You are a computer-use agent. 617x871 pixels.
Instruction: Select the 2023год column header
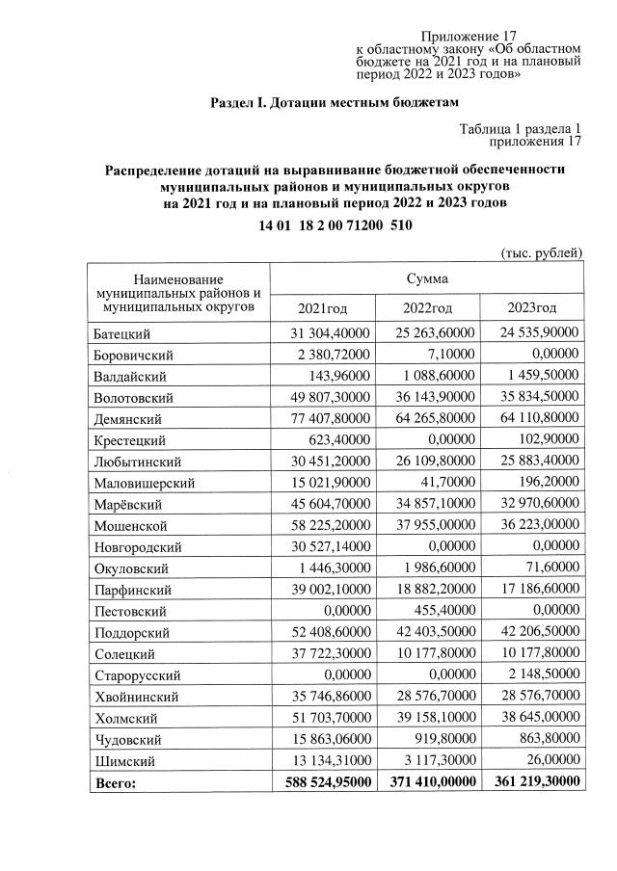pos(531,308)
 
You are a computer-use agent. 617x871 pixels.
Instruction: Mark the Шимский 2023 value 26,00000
pos(550,760)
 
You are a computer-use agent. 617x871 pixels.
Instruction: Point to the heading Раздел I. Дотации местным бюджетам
pos(335,101)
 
